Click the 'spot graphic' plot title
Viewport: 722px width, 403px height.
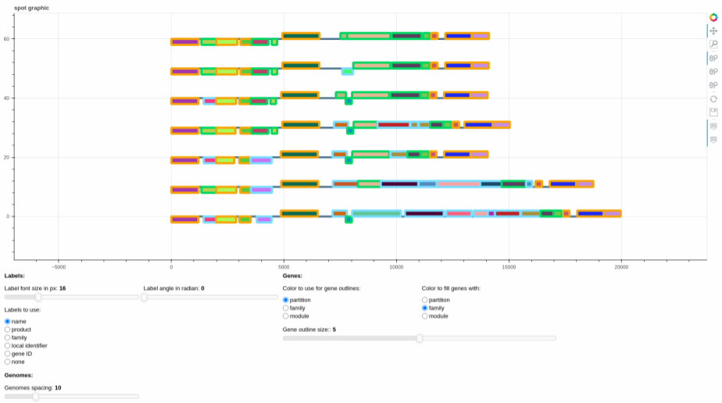coord(31,8)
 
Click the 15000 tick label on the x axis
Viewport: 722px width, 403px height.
coord(509,267)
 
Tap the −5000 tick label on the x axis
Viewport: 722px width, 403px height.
coord(59,267)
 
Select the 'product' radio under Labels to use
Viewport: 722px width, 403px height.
coord(7,330)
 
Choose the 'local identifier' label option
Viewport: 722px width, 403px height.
coord(7,346)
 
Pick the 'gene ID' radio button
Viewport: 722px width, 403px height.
coord(7,354)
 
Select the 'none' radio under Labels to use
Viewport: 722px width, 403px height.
coord(7,362)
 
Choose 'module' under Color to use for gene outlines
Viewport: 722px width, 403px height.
coord(285,316)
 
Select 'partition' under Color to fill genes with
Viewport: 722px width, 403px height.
coord(424,300)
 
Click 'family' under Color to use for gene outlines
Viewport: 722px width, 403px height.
coord(285,308)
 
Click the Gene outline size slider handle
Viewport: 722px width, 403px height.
coord(420,339)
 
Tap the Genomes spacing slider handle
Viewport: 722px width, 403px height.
coord(35,397)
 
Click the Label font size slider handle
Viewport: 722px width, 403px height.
coord(39,298)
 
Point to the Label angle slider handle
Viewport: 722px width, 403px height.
coord(144,298)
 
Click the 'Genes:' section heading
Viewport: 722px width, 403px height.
coord(292,276)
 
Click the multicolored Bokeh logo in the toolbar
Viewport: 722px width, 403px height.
coord(713,17)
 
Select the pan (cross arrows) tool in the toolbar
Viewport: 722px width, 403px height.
coord(713,30)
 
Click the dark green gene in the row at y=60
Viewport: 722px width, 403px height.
coord(301,36)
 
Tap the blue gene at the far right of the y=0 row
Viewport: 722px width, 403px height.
coord(590,213)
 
